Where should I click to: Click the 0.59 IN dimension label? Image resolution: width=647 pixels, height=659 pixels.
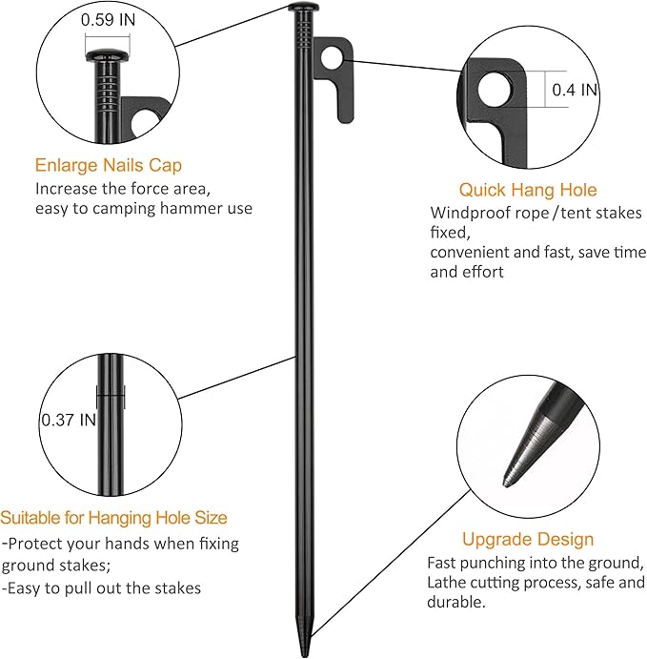click(108, 19)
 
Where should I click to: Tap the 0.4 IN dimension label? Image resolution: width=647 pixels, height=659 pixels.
click(575, 90)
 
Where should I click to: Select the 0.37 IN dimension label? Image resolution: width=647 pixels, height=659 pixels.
click(68, 419)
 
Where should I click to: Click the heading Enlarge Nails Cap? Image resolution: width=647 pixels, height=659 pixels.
click(108, 165)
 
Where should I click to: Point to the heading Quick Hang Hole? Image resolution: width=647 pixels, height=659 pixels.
click(527, 190)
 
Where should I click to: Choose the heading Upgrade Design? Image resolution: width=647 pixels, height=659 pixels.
click(527, 539)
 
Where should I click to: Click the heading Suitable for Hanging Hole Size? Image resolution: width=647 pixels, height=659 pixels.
click(114, 518)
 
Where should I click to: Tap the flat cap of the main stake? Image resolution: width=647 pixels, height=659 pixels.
click(303, 8)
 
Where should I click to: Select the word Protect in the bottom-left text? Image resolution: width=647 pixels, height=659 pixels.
click(37, 544)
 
